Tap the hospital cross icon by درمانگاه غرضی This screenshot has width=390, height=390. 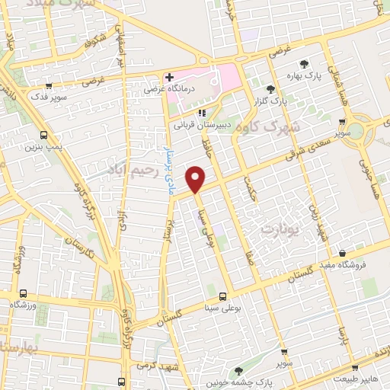point(169,77)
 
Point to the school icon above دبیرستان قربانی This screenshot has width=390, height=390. point(202,113)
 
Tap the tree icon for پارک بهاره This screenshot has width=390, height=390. point(305,64)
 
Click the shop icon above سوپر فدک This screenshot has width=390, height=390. point(49,85)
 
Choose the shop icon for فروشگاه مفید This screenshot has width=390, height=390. point(343,253)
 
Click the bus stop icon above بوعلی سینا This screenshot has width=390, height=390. point(222,296)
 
